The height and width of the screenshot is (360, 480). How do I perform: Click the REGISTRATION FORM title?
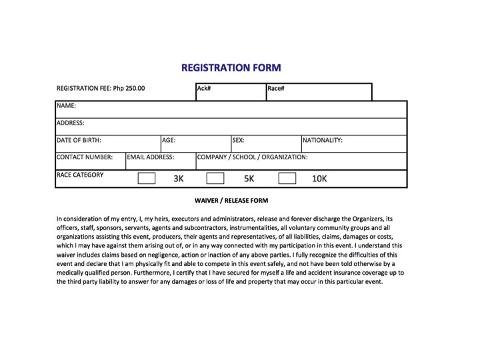[231, 67]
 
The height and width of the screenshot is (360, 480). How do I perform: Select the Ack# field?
[230, 92]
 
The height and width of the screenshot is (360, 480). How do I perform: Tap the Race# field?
[319, 92]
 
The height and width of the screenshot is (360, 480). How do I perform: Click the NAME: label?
[66, 105]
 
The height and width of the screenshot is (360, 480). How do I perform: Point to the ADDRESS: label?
[70, 123]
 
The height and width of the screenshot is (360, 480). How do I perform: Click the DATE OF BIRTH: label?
[79, 141]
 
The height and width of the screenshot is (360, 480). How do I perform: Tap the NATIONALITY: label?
[323, 141]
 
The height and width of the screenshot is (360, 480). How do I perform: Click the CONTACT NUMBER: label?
[84, 157]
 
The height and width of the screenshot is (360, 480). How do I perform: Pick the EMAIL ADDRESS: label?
[151, 157]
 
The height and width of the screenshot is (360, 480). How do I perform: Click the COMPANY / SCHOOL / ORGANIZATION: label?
[252, 157]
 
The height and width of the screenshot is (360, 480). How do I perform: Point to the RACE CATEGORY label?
[80, 175]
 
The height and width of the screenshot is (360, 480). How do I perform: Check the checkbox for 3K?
[146, 179]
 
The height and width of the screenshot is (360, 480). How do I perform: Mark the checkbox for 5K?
[215, 179]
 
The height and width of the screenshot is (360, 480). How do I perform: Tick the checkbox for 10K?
[287, 179]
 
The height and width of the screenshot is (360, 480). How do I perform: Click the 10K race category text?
[319, 179]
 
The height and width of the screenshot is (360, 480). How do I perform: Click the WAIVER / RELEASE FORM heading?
[231, 200]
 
